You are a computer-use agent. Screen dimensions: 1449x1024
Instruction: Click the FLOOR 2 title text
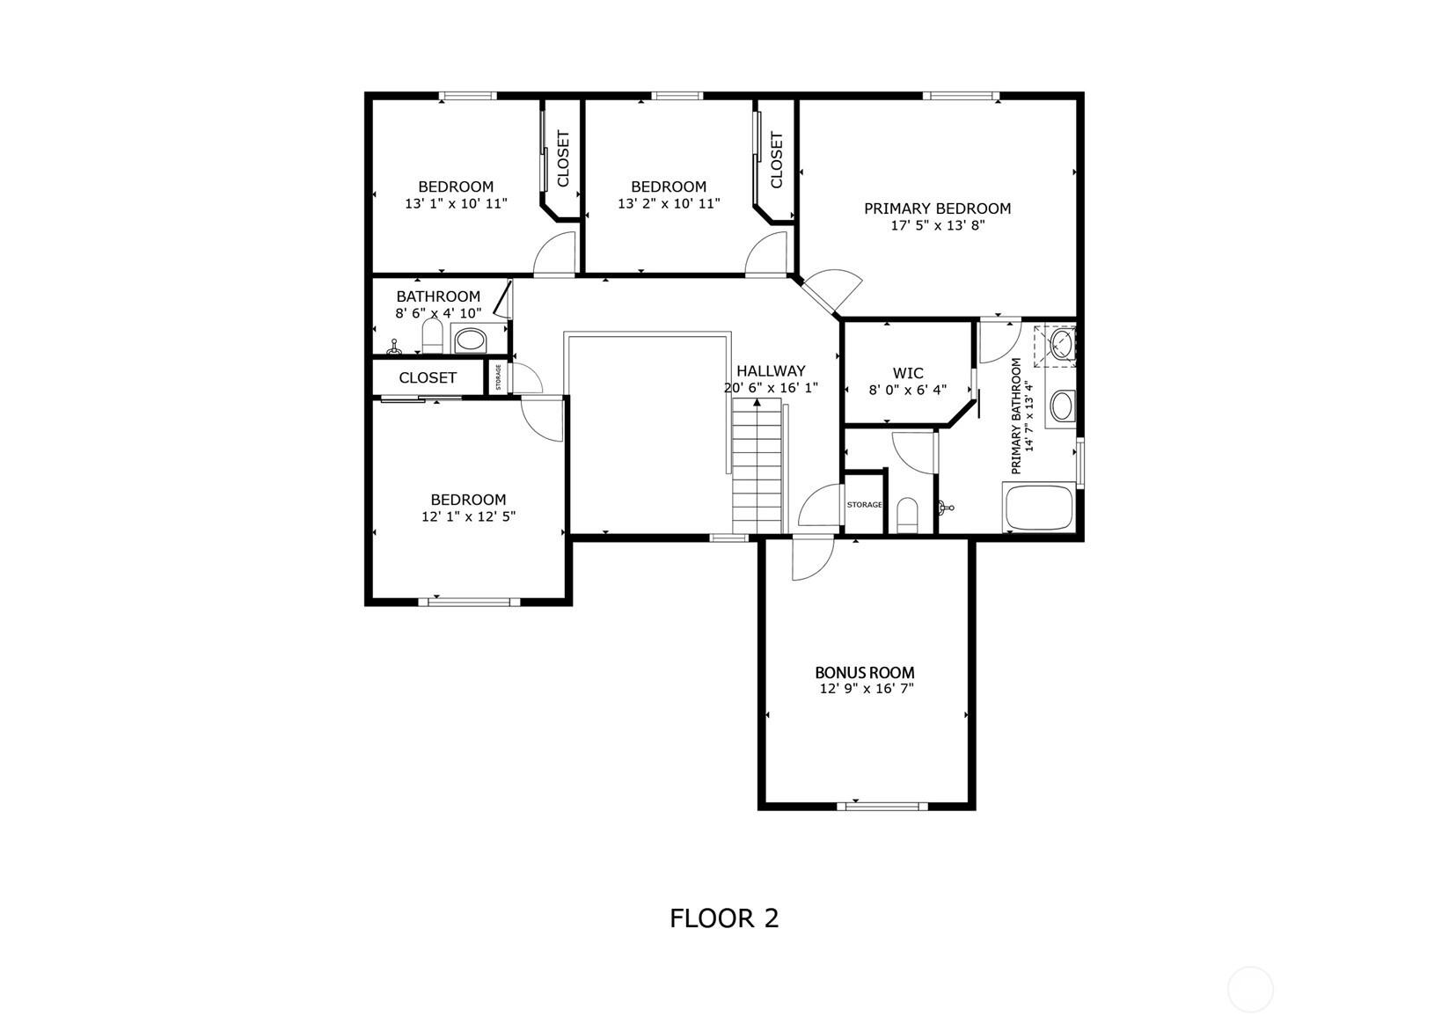[x=724, y=918]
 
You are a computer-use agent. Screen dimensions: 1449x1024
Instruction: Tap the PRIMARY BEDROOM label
[x=937, y=208]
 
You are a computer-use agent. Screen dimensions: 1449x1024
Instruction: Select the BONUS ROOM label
[x=865, y=672]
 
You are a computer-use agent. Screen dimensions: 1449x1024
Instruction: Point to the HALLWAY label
[x=771, y=370]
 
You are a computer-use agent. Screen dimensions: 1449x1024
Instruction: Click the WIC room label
[x=908, y=373]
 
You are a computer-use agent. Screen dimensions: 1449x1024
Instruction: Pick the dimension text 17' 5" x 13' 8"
[x=937, y=226]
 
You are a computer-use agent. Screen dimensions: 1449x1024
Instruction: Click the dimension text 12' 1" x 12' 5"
[x=468, y=517]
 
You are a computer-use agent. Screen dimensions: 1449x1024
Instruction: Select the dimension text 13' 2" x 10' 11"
[x=669, y=204]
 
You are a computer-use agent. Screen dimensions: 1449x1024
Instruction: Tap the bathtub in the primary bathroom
[x=1039, y=507]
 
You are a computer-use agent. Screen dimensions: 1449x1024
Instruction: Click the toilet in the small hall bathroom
[x=432, y=337]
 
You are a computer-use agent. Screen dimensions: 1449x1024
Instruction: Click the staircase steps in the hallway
[x=757, y=466]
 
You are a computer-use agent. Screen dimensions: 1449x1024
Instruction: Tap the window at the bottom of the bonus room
[x=882, y=806]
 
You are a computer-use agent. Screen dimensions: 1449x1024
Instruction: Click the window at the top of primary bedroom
[x=961, y=96]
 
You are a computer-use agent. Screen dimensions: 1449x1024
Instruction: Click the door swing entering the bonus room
[x=813, y=559]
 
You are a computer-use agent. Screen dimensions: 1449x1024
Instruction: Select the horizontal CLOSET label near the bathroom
[x=428, y=377]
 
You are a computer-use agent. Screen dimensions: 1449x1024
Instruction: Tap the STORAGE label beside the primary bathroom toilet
[x=864, y=505]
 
